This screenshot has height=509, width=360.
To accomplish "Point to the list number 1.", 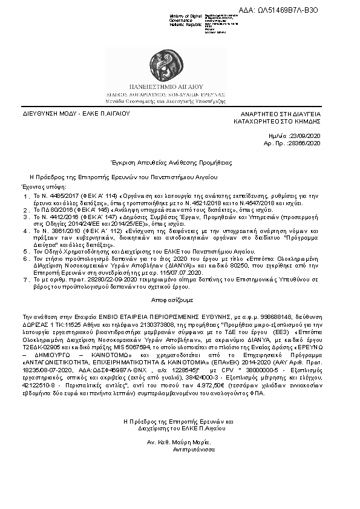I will click(26, 197).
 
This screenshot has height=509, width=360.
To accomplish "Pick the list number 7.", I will click(26, 280).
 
